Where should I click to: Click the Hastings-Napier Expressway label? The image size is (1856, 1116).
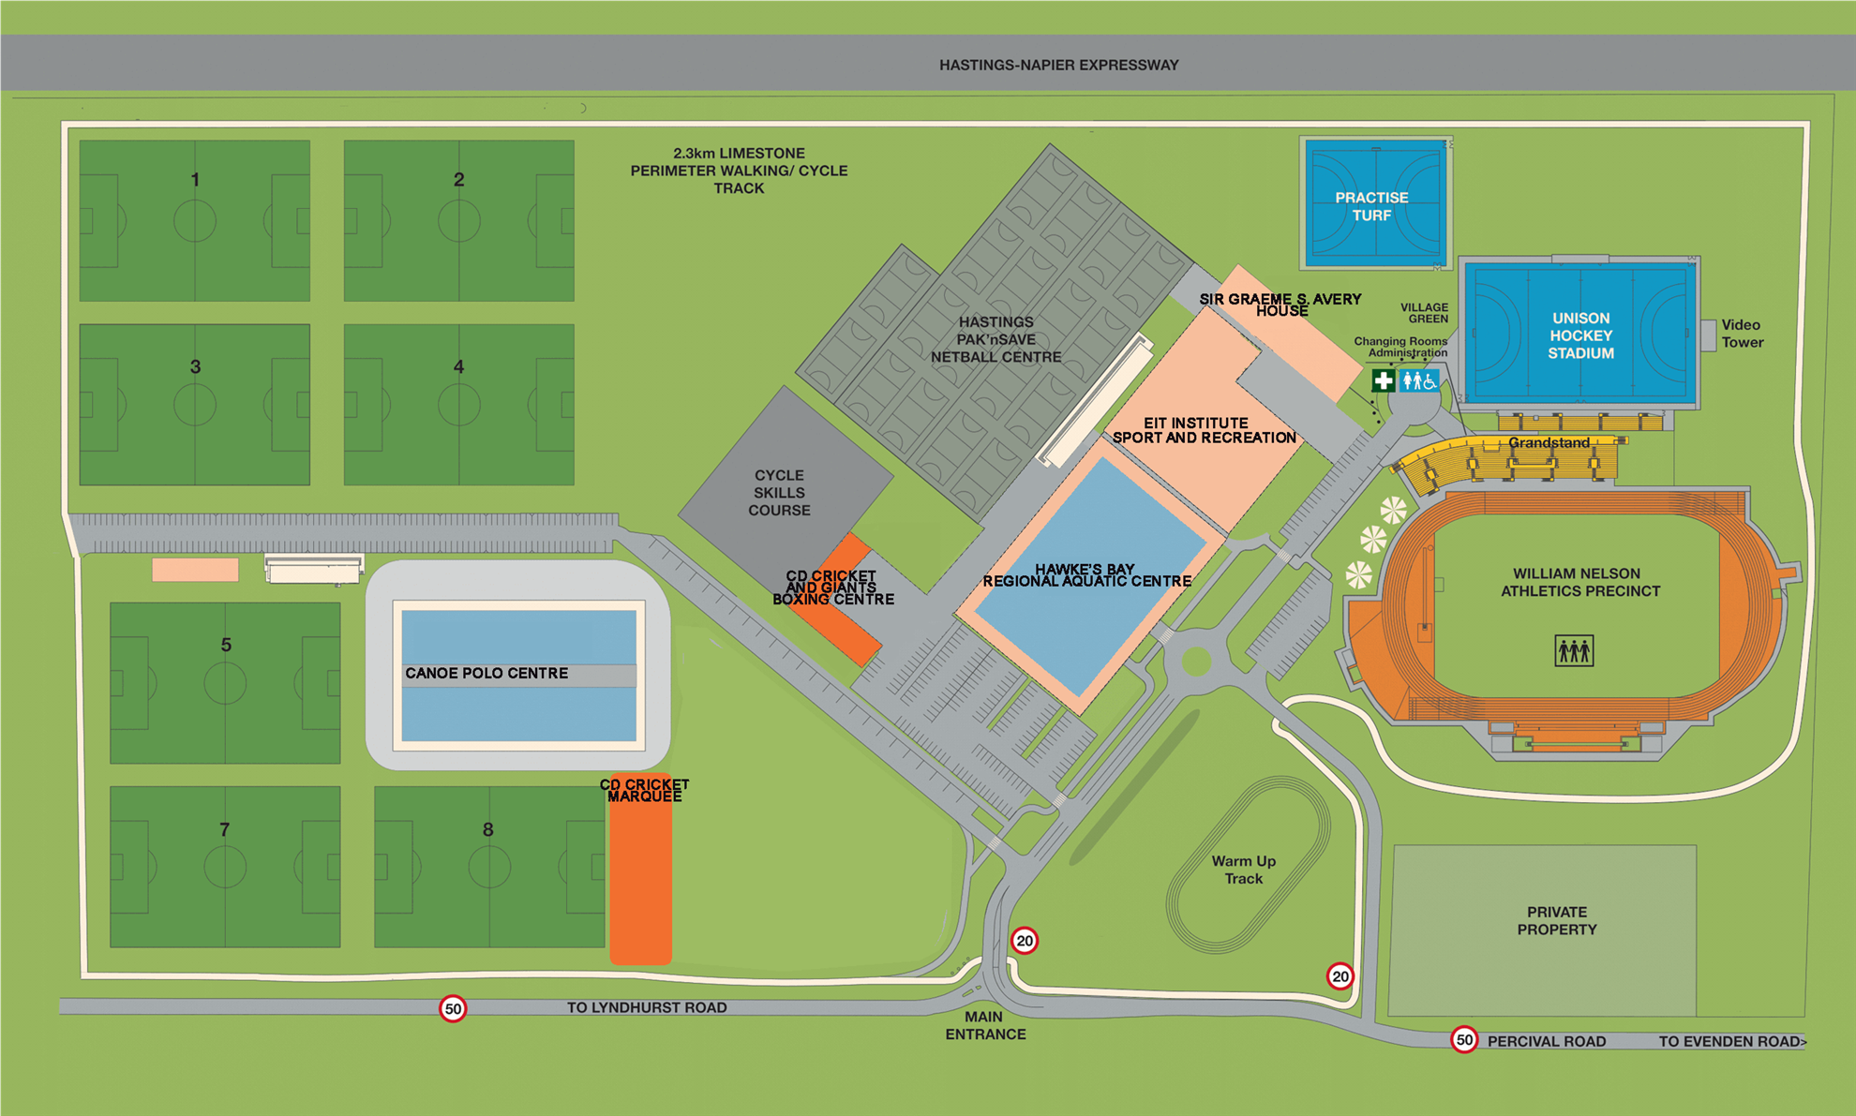click(1058, 65)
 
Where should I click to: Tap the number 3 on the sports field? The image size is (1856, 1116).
click(195, 367)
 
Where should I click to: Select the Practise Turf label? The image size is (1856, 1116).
click(1371, 206)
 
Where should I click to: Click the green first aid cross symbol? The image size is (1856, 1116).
click(1383, 380)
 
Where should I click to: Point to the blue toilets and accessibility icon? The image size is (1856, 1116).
click(1418, 380)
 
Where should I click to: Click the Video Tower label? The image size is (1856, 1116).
click(1742, 334)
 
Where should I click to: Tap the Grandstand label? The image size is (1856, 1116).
click(1549, 442)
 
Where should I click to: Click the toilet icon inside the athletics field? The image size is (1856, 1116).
click(1573, 650)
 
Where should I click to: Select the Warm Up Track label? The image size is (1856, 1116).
click(1243, 870)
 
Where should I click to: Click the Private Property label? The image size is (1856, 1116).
click(1556, 920)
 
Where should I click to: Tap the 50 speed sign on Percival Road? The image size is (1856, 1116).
click(1463, 1040)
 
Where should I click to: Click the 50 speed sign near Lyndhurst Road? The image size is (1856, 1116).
click(453, 1008)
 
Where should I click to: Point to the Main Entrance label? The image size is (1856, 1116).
click(985, 1025)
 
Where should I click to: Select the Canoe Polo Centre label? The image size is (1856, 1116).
click(486, 673)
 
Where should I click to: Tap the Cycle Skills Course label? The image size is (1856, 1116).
click(779, 493)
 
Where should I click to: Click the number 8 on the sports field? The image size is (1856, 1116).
click(487, 829)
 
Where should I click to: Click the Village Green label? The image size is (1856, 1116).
click(1425, 313)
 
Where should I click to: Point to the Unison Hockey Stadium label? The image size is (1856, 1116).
click(1580, 335)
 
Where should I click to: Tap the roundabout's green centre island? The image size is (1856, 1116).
click(1196, 662)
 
